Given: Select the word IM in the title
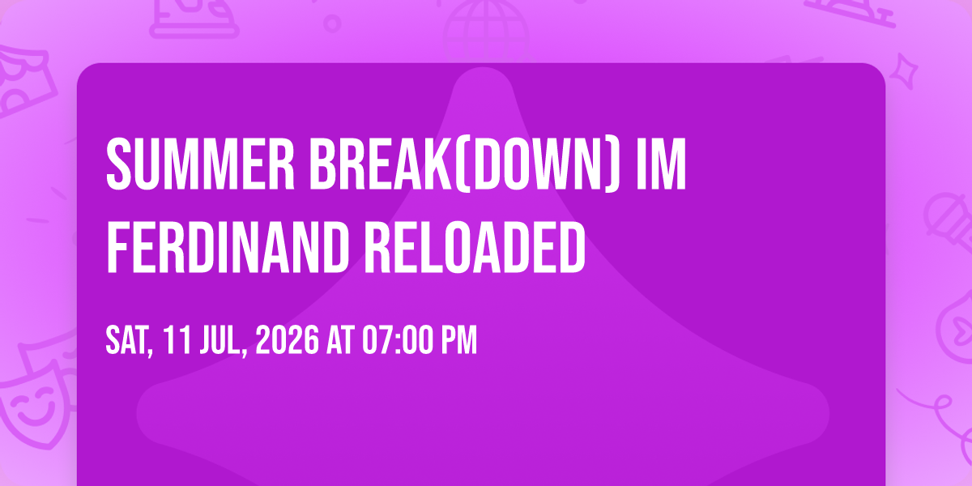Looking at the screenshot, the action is click(x=660, y=164).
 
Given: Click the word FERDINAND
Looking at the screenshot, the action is click(x=228, y=247).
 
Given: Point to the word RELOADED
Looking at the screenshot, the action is click(x=475, y=247).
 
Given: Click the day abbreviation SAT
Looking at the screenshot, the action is click(x=129, y=341).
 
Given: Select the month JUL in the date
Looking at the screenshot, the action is click(x=223, y=341).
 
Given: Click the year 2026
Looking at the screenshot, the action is click(x=288, y=340).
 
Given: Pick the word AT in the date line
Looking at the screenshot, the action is click(x=341, y=340).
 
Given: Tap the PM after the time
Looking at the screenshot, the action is click(x=459, y=340).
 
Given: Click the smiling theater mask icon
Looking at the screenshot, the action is click(x=37, y=403).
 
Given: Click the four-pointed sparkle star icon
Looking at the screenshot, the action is click(x=904, y=71).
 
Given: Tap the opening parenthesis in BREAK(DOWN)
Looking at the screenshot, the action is click(x=455, y=164).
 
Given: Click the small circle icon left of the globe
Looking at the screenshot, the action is click(x=332, y=23).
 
